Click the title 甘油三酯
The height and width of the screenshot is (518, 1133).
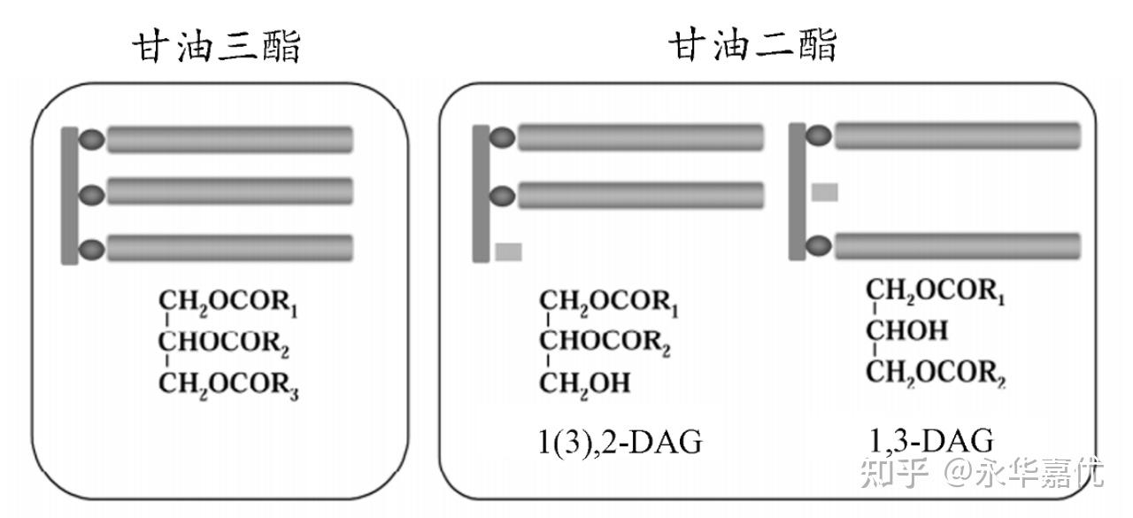pyautogui.click(x=218, y=46)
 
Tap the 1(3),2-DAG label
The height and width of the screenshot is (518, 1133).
pyautogui.click(x=620, y=441)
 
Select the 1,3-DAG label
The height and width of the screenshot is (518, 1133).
pyautogui.click(x=929, y=440)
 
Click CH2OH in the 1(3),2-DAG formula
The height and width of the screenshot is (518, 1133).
pyautogui.click(x=585, y=383)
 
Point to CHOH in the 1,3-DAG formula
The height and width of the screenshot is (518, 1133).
pyautogui.click(x=906, y=331)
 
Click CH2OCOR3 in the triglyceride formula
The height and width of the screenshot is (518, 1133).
pyautogui.click(x=228, y=384)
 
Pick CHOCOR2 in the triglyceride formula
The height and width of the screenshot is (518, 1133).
pyautogui.click(x=225, y=341)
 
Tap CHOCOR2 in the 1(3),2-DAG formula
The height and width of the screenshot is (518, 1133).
pyautogui.click(x=605, y=341)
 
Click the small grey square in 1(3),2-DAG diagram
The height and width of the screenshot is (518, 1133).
pyautogui.click(x=508, y=251)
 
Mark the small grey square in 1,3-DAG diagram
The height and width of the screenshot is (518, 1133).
pyautogui.click(x=824, y=192)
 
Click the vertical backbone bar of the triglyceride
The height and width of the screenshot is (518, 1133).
pyautogui.click(x=70, y=195)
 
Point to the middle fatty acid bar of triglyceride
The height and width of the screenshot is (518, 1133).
pyautogui.click(x=230, y=192)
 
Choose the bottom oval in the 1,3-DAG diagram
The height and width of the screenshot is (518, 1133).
pyautogui.click(x=819, y=245)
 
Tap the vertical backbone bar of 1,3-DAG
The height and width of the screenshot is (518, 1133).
pyautogui.click(x=797, y=191)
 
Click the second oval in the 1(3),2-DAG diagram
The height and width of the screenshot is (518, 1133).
pyautogui.click(x=502, y=196)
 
